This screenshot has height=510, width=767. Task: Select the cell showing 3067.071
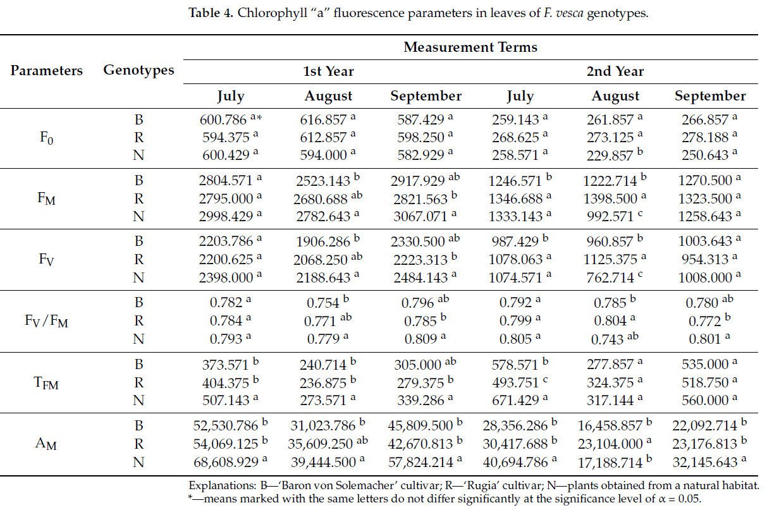click(421, 217)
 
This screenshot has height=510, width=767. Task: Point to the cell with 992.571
click(605, 217)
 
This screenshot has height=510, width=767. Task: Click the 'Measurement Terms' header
click(470, 47)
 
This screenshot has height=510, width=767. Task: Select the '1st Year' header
click(328, 71)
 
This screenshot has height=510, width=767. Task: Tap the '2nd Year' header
click(615, 71)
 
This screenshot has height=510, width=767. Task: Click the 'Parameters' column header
click(46, 70)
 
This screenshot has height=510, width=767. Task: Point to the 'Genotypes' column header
click(138, 70)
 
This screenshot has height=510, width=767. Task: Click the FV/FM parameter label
click(46, 322)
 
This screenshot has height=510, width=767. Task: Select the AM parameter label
click(46, 444)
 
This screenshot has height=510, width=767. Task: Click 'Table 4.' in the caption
click(212, 14)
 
